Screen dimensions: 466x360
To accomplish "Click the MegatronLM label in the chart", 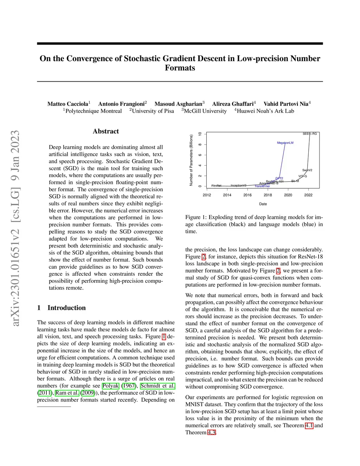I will [x=285, y=143].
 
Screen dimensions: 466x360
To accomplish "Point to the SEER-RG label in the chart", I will [x=310, y=134].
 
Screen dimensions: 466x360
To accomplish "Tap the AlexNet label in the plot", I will [x=216, y=185].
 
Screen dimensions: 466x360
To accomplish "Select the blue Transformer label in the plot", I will [x=262, y=186].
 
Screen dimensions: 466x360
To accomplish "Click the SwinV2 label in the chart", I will [x=307, y=170].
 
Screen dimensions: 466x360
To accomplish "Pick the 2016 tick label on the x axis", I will [x=247, y=195].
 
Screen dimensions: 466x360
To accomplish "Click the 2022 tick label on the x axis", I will [x=308, y=195].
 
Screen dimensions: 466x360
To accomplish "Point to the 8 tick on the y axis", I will [x=200, y=145].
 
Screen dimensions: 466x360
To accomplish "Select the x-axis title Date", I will [x=263, y=204].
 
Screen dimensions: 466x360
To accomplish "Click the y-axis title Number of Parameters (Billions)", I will [x=191, y=160].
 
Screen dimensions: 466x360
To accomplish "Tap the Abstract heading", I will [x=106, y=131].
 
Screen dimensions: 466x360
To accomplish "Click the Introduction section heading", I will [x=66, y=308].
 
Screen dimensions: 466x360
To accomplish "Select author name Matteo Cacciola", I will [x=68, y=104].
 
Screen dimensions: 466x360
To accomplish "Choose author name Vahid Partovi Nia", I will [x=286, y=104].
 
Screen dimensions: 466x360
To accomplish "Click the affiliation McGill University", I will [x=205, y=111].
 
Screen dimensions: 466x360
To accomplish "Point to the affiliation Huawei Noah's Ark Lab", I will [x=265, y=111].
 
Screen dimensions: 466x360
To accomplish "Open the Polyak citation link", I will [x=110, y=386].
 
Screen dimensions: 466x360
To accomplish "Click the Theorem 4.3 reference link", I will [x=211, y=433].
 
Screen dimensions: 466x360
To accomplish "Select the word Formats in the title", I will [x=180, y=68].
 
